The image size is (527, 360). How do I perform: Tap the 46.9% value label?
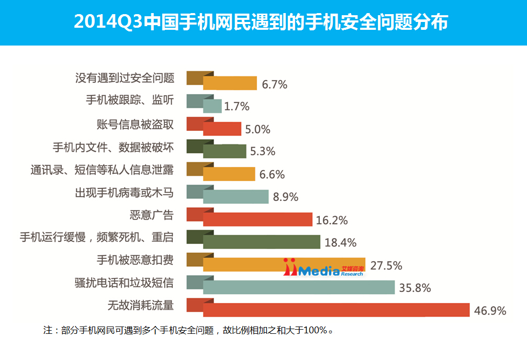click(x=490, y=311)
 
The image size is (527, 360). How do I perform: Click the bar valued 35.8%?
click(x=298, y=287)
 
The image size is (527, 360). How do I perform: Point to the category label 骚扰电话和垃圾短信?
click(x=124, y=283)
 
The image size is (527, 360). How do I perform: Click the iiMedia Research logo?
click(x=324, y=267)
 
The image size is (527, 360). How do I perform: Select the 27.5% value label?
click(x=386, y=265)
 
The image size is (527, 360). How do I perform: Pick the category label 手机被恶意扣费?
click(x=135, y=260)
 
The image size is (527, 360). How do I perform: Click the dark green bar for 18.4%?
click(x=261, y=242)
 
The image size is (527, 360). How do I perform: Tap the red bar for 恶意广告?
click(x=257, y=219)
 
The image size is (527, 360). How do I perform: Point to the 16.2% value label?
click(x=332, y=220)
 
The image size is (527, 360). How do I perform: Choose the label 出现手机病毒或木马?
click(x=124, y=192)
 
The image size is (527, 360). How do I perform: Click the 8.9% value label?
click(x=285, y=197)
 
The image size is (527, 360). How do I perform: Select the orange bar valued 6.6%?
click(x=229, y=174)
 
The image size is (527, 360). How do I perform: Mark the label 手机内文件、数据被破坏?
click(x=113, y=147)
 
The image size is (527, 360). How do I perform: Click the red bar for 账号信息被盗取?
click(x=222, y=129)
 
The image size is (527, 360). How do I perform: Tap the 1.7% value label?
click(x=237, y=107)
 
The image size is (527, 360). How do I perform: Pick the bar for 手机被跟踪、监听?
click(x=212, y=106)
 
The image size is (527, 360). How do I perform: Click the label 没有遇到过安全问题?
click(x=124, y=78)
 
